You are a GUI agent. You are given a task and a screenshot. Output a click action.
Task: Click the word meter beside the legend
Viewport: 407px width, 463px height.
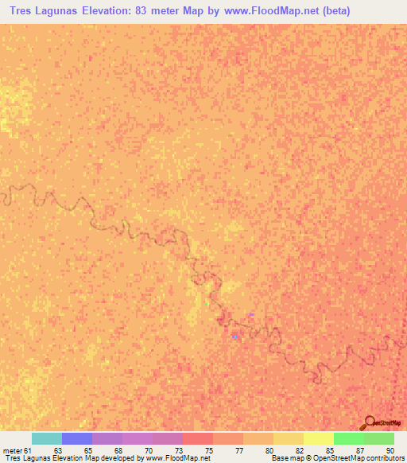pyautogui.click(x=12, y=451)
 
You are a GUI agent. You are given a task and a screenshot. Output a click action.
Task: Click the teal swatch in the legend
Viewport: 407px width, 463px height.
pyautogui.click(x=47, y=438)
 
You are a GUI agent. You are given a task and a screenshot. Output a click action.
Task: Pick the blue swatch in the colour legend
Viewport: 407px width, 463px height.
pyautogui.click(x=77, y=438)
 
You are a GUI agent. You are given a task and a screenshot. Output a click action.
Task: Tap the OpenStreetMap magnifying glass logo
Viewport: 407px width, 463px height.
pyautogui.click(x=369, y=422)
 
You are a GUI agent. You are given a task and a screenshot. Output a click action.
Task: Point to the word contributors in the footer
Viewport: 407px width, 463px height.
pyautogui.click(x=386, y=459)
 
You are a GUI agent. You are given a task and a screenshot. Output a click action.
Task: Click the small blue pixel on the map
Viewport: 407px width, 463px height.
pyautogui.click(x=235, y=337)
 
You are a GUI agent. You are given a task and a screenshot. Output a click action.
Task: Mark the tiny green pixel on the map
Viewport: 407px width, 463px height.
pyautogui.click(x=207, y=302)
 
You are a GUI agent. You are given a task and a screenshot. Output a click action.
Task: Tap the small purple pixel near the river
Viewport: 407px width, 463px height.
pyautogui.click(x=251, y=315)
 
